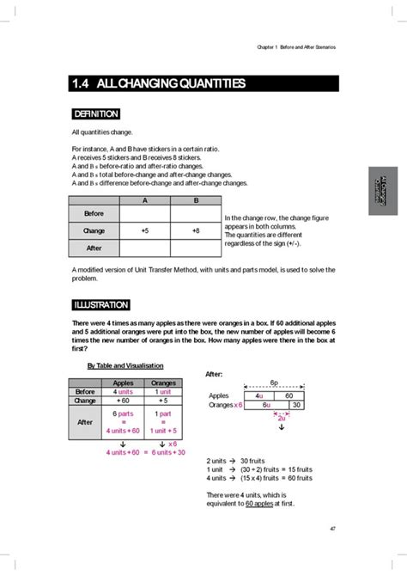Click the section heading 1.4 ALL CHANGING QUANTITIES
(x=159, y=83)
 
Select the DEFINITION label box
(x=95, y=113)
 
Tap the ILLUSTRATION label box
(x=100, y=304)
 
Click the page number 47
(x=331, y=528)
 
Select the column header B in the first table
(x=195, y=199)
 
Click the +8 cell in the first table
(x=195, y=231)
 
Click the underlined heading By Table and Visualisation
(x=125, y=365)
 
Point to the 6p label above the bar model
(x=273, y=383)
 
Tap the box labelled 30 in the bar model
(x=295, y=404)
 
